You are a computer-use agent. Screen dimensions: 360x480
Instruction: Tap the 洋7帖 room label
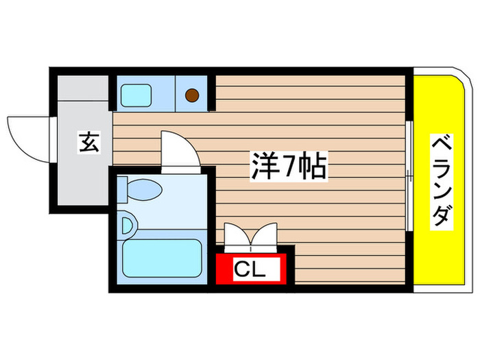(288, 166)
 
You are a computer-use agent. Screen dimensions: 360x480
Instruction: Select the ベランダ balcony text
(440, 182)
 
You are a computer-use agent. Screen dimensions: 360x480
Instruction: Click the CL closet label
(248, 268)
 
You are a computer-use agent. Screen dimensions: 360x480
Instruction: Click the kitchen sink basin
(140, 95)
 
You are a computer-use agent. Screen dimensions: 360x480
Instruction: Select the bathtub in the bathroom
(161, 259)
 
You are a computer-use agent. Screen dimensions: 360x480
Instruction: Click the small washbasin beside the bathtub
(126, 224)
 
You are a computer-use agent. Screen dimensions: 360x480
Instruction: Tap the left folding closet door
(237, 235)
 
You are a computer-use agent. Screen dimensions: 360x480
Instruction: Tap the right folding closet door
(263, 235)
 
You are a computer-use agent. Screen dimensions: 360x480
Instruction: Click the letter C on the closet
(241, 268)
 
